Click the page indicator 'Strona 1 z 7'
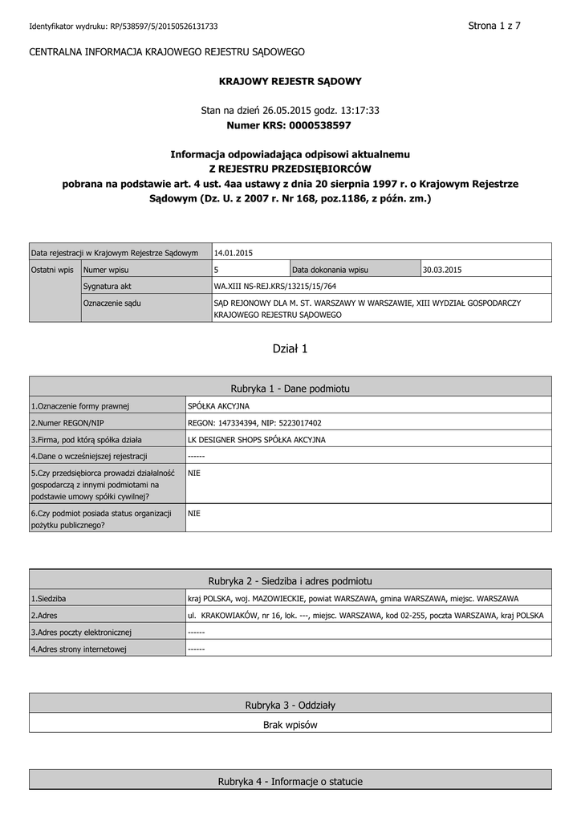[x=494, y=26]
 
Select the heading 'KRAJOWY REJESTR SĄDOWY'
[x=290, y=81]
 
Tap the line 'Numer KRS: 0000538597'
[x=290, y=125]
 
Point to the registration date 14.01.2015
[x=234, y=252]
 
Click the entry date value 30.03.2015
[x=443, y=270]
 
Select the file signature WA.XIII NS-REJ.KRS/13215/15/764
[x=275, y=286]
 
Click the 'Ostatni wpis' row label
[x=52, y=270]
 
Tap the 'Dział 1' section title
[x=290, y=348]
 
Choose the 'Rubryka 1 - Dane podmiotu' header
[x=290, y=388]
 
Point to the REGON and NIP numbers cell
[x=254, y=422]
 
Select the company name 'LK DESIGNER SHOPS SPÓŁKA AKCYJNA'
[x=257, y=439]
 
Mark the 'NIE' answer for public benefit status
[x=193, y=513]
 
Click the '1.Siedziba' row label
[x=48, y=599]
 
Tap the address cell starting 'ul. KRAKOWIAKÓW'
[x=365, y=616]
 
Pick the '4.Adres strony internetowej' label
[x=79, y=649]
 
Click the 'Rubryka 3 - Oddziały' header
[x=290, y=705]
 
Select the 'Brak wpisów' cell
[x=290, y=724]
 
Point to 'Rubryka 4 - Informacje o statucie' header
[x=290, y=781]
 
